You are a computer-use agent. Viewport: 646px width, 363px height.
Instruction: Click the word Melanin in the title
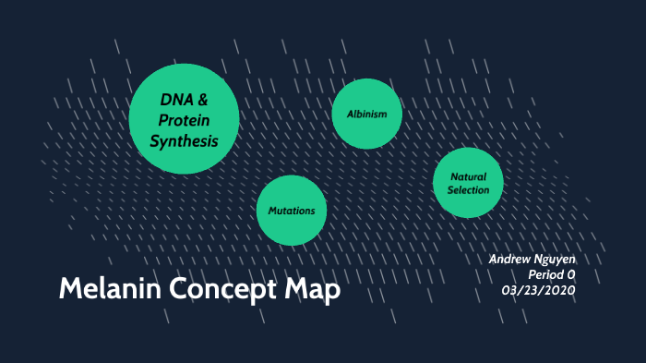(104, 289)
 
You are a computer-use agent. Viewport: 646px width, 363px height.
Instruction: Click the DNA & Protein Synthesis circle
(184, 118)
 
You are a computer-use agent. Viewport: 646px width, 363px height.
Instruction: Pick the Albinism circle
(366, 114)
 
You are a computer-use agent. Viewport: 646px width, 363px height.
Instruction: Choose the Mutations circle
(292, 211)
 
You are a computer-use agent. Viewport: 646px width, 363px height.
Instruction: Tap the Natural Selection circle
(468, 183)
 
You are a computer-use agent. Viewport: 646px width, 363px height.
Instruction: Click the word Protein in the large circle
(184, 120)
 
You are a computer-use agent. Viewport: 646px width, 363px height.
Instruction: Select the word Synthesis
(184, 141)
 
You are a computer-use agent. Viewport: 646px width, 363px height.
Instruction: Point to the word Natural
(468, 176)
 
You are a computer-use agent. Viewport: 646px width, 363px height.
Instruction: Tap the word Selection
(468, 190)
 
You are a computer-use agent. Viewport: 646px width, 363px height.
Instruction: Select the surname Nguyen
(557, 260)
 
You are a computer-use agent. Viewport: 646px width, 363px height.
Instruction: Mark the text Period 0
(551, 274)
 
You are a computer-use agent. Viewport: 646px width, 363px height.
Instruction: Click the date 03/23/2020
(538, 289)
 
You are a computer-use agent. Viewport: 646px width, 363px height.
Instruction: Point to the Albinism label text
(366, 114)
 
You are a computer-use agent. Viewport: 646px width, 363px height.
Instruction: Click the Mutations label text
(292, 211)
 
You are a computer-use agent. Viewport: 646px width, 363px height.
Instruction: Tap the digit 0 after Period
(571, 274)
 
